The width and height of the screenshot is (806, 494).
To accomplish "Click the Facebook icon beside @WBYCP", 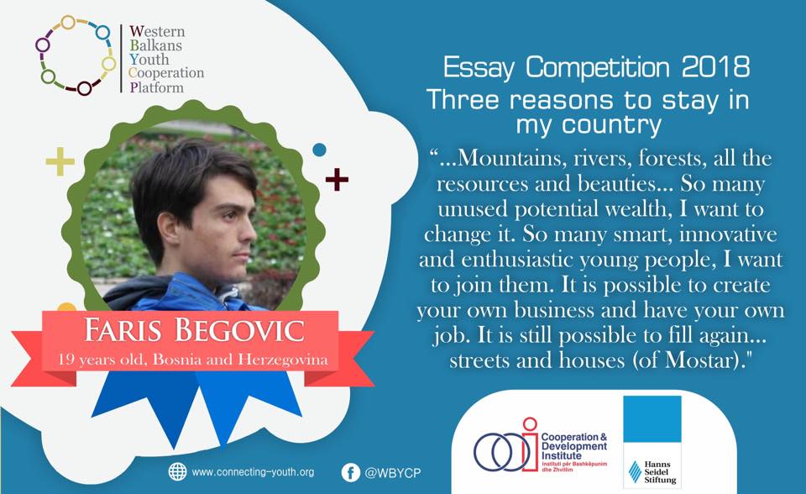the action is (x=351, y=472).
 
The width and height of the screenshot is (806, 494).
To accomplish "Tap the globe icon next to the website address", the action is (x=178, y=472).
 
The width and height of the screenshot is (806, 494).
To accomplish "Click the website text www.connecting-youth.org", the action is (x=253, y=472).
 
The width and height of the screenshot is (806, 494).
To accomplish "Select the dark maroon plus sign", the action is (x=337, y=180).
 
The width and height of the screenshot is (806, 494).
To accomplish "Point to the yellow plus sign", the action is (x=60, y=161).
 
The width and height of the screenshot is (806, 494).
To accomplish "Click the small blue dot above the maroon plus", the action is (x=319, y=150).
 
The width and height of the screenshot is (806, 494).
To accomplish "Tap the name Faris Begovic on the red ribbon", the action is (x=194, y=330).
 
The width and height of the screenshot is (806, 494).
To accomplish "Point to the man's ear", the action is (x=168, y=230).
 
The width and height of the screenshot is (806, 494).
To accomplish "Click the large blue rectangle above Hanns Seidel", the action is (x=652, y=419).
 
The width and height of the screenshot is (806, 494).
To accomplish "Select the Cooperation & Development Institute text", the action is (x=574, y=446).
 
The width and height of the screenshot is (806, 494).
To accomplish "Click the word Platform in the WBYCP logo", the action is (x=156, y=87).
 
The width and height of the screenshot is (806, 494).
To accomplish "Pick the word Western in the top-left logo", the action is (x=157, y=31).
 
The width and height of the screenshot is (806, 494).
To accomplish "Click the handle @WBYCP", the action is (x=393, y=473).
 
